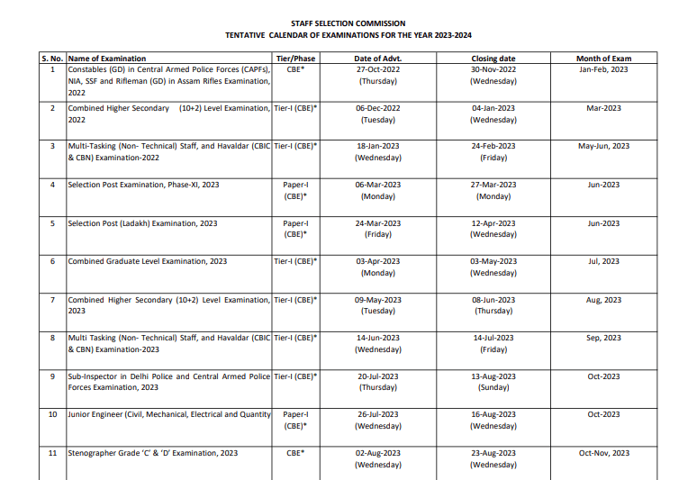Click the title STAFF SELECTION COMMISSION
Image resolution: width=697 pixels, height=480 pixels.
[348, 23]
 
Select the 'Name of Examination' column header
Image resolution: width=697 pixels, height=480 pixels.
[106, 59]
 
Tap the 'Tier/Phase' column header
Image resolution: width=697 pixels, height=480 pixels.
[295, 59]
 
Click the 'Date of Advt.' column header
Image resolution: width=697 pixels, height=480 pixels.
[378, 59]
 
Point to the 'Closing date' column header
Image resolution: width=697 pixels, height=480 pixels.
[493, 59]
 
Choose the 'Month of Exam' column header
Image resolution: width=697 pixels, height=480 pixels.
[603, 59]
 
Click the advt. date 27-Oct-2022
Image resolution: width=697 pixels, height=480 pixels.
[378, 69]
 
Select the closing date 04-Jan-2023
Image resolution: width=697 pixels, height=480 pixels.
[493, 108]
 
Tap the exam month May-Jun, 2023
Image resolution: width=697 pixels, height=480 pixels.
[603, 146]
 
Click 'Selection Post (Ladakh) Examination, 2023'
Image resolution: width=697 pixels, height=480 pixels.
[142, 223]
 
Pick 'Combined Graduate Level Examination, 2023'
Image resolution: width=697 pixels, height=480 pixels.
[148, 261]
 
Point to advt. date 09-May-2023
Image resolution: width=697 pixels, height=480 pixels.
[378, 300]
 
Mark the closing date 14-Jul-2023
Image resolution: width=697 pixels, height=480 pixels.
[493, 338]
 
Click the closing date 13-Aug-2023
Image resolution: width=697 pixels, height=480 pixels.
[493, 376]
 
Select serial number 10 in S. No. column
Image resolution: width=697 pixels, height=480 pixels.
[52, 414]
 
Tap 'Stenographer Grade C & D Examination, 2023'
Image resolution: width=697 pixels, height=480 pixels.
[153, 453]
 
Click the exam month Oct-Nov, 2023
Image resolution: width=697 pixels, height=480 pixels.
[603, 453]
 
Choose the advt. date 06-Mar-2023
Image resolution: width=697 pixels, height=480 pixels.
[378, 185]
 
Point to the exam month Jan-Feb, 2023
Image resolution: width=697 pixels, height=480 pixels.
[603, 69]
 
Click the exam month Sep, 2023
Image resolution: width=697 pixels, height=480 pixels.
[603, 338]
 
